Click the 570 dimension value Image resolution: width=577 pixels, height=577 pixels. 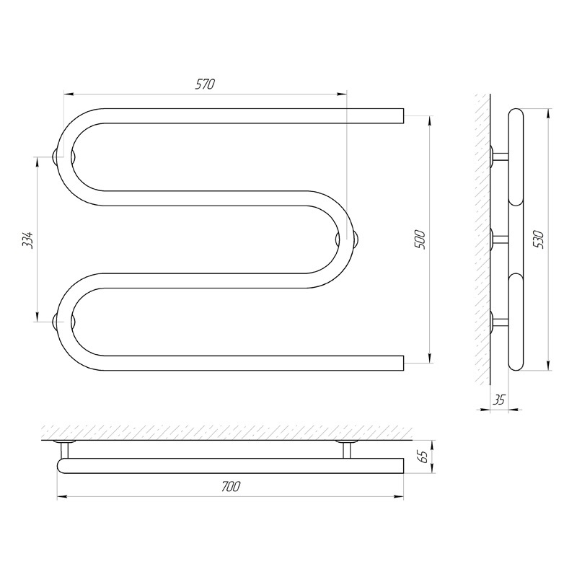pos(205,84)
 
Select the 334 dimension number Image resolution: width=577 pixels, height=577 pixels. pos(29,240)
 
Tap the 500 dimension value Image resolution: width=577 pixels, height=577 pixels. pos(420,239)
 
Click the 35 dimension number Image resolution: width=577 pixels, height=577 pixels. pos(498,400)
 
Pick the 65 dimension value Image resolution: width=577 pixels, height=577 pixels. pos(423,457)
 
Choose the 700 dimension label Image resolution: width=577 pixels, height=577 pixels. pos(231,486)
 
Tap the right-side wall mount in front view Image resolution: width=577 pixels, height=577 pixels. pos(347,239)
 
